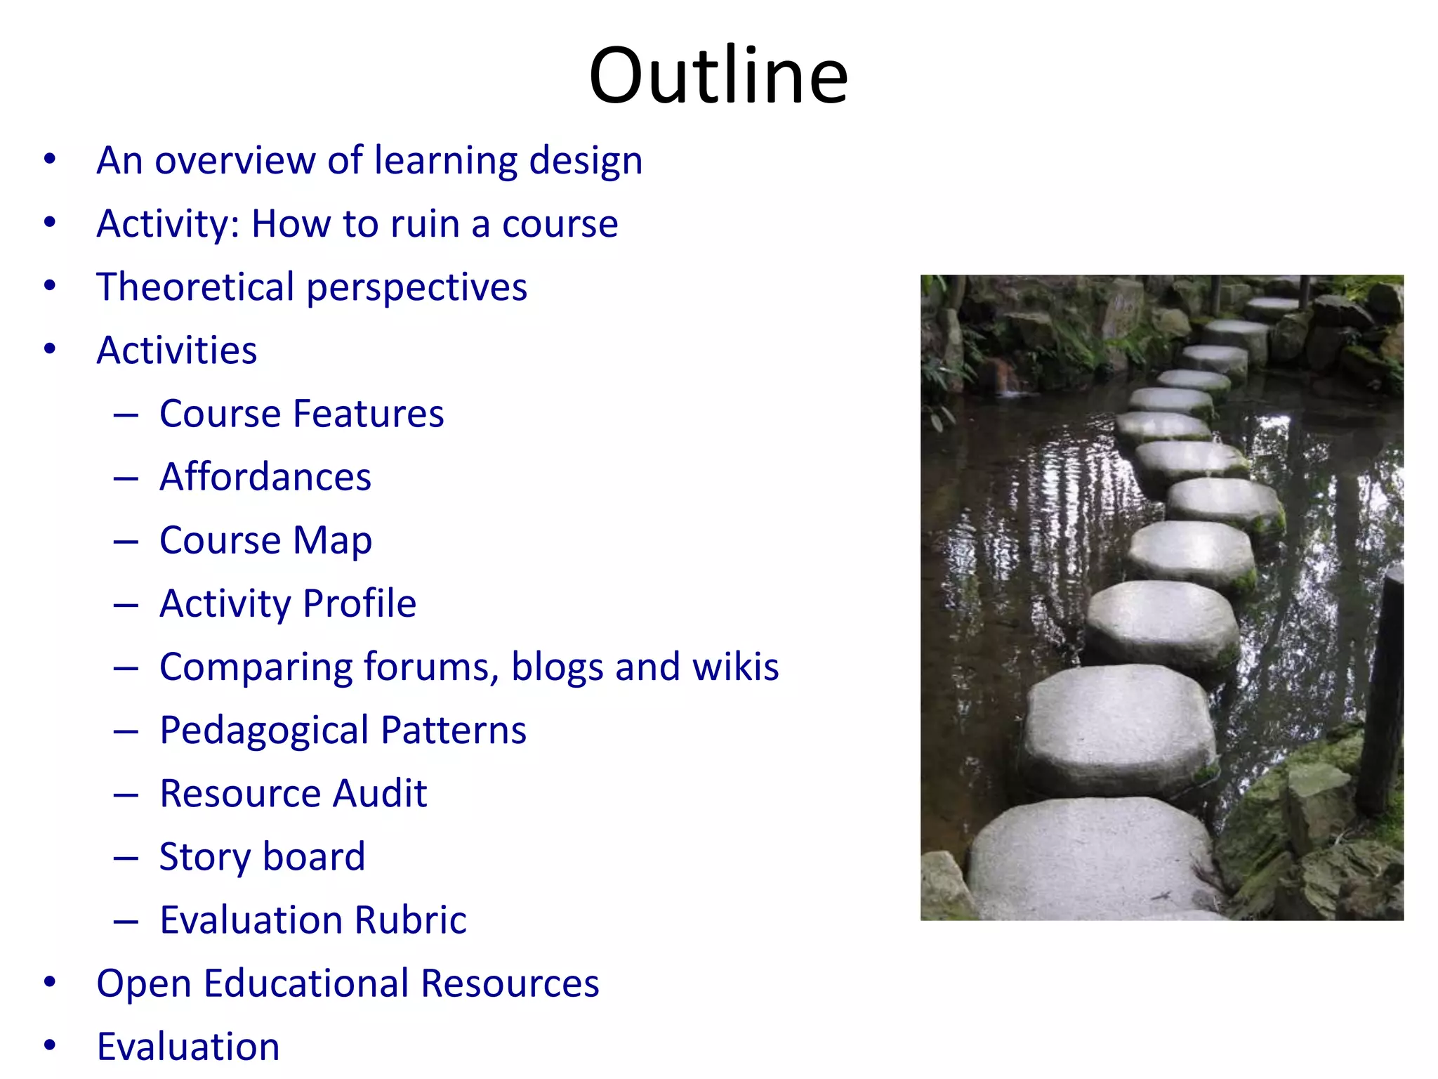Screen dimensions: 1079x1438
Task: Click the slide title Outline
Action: [718, 75]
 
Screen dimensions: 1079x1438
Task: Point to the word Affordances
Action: [265, 478]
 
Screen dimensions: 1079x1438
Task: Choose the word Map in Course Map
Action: [332, 541]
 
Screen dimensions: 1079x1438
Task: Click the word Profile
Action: [359, 604]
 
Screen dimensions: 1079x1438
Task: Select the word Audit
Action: [379, 794]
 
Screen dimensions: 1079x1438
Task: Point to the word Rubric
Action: [410, 920]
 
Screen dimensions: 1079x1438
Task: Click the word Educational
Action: [306, 983]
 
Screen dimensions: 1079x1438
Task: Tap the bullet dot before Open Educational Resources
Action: [49, 982]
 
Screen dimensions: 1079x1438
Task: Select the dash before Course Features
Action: [126, 414]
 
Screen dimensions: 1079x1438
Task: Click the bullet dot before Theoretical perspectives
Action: [49, 286]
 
